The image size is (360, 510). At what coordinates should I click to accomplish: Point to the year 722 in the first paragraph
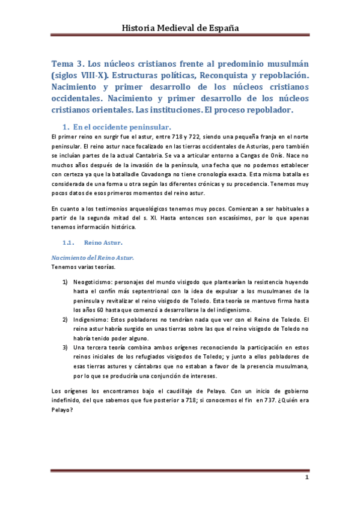[195, 138]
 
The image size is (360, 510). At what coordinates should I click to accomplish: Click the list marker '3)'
[66, 347]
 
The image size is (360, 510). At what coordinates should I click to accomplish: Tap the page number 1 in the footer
[307, 478]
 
